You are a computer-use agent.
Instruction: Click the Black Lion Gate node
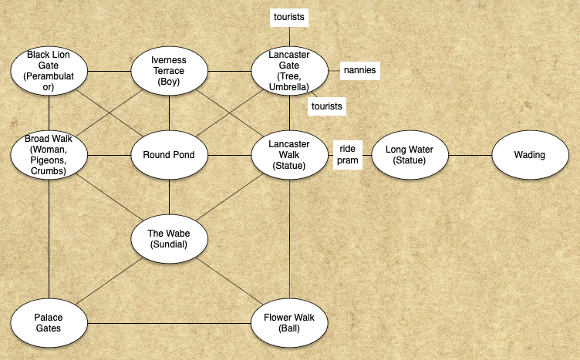pyautogui.click(x=48, y=71)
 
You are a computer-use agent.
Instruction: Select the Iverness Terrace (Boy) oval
pyautogui.click(x=169, y=71)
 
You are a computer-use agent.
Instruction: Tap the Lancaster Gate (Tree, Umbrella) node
pyautogui.click(x=289, y=71)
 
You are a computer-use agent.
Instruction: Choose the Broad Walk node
pyautogui.click(x=48, y=154)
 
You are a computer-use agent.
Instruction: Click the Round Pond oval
pyautogui.click(x=169, y=154)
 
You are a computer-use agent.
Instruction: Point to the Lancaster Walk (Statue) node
pyautogui.click(x=289, y=154)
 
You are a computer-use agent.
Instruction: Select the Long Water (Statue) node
pyautogui.click(x=410, y=154)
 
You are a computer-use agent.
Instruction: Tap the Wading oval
pyautogui.click(x=530, y=154)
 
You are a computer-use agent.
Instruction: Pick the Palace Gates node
pyautogui.click(x=48, y=322)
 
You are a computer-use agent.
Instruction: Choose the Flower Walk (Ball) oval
pyautogui.click(x=289, y=322)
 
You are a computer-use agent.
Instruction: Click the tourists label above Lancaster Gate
pyautogui.click(x=289, y=16)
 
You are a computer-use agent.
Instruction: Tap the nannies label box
pyautogui.click(x=361, y=70)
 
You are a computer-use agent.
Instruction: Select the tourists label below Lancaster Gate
pyautogui.click(x=326, y=105)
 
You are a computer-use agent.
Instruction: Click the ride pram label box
pyautogui.click(x=346, y=154)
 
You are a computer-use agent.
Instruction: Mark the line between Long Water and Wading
pyautogui.click(x=470, y=154)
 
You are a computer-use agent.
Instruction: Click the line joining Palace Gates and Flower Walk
pyautogui.click(x=168, y=322)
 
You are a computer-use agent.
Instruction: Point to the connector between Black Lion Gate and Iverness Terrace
pyautogui.click(x=108, y=71)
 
